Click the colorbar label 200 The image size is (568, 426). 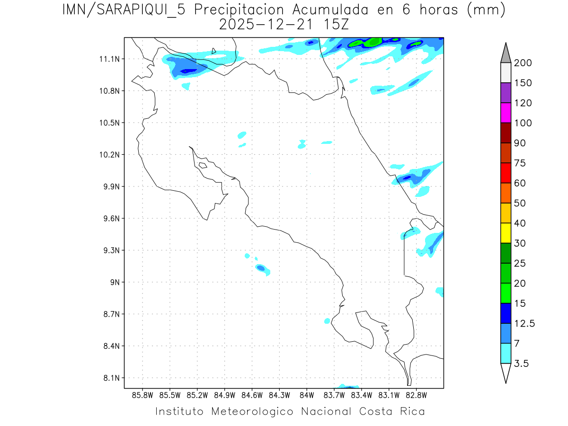point(523,63)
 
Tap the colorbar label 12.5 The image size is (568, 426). point(524,323)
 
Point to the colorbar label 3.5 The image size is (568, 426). point(522,364)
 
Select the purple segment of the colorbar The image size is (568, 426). point(506,93)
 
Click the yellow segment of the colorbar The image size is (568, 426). point(506,233)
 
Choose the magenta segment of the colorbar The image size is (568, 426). point(506,113)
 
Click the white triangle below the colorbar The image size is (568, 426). point(506,372)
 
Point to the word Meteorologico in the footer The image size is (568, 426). point(256,411)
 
